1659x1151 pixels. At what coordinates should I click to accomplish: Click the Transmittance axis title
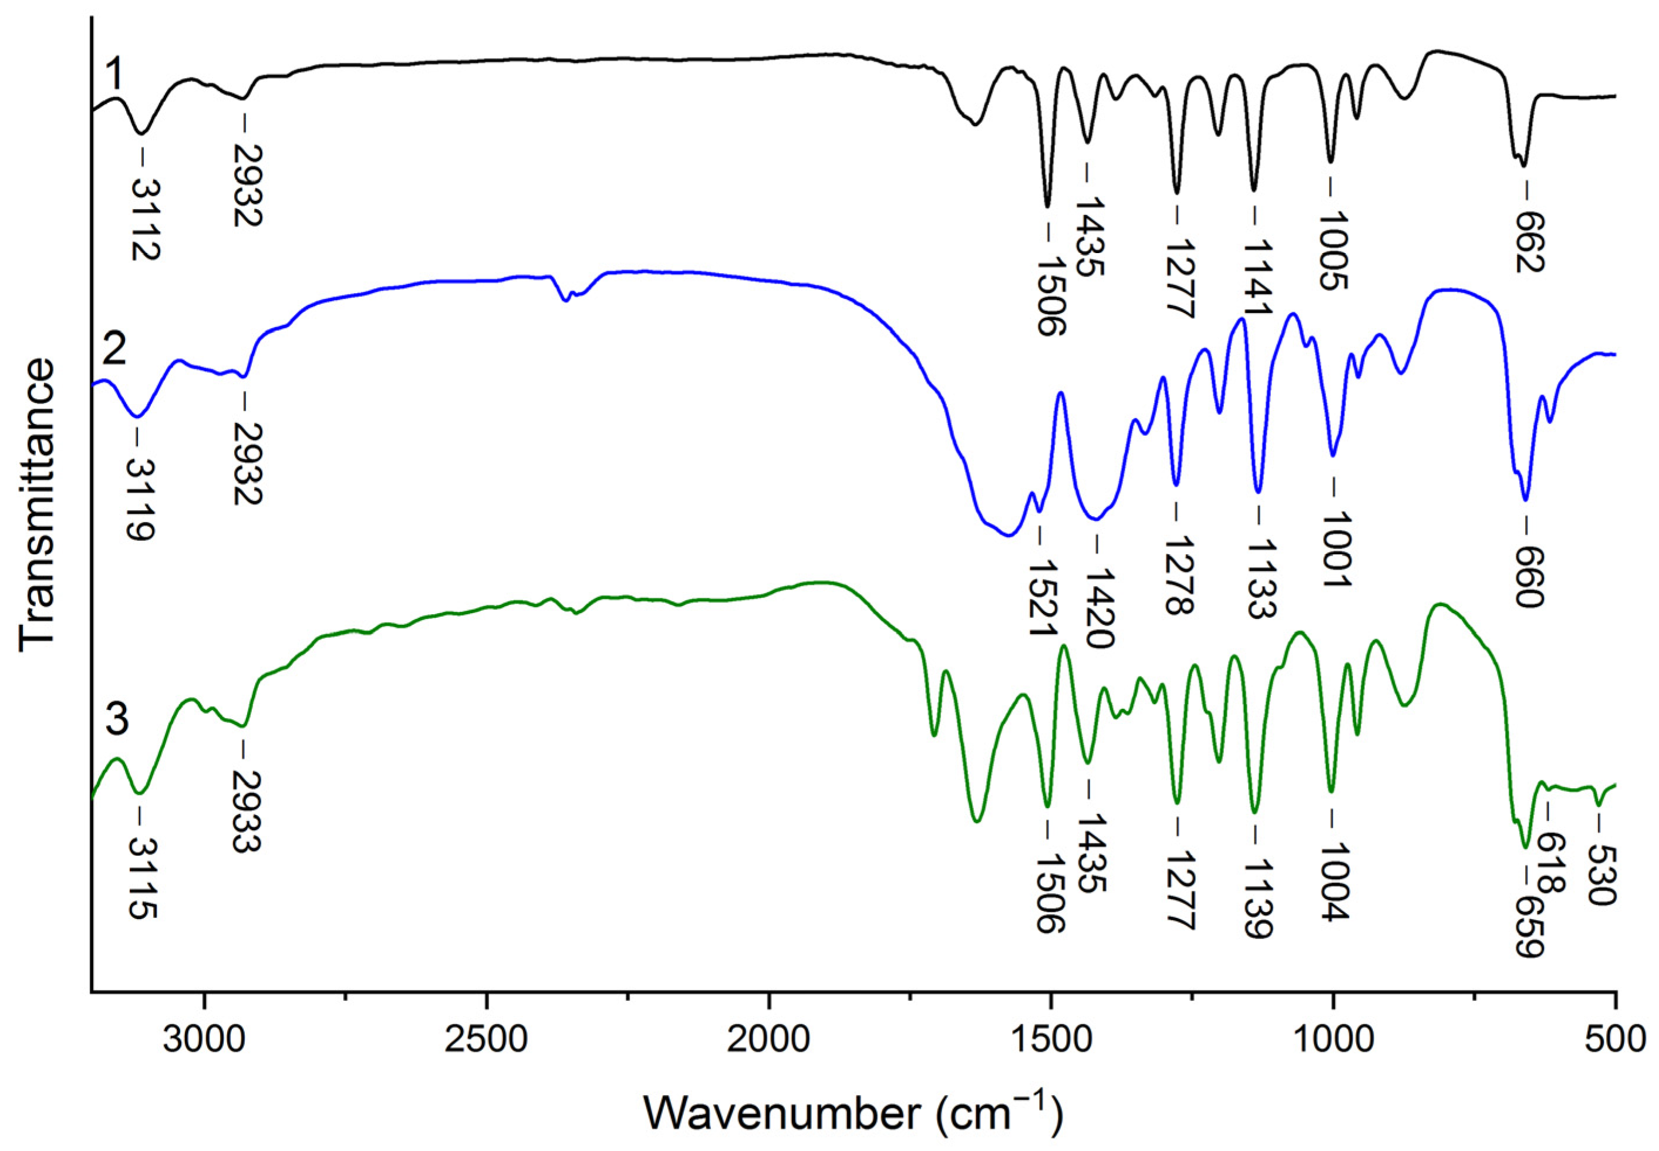[x=38, y=505]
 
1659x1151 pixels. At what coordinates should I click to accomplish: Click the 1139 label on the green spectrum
[x=1259, y=898]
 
